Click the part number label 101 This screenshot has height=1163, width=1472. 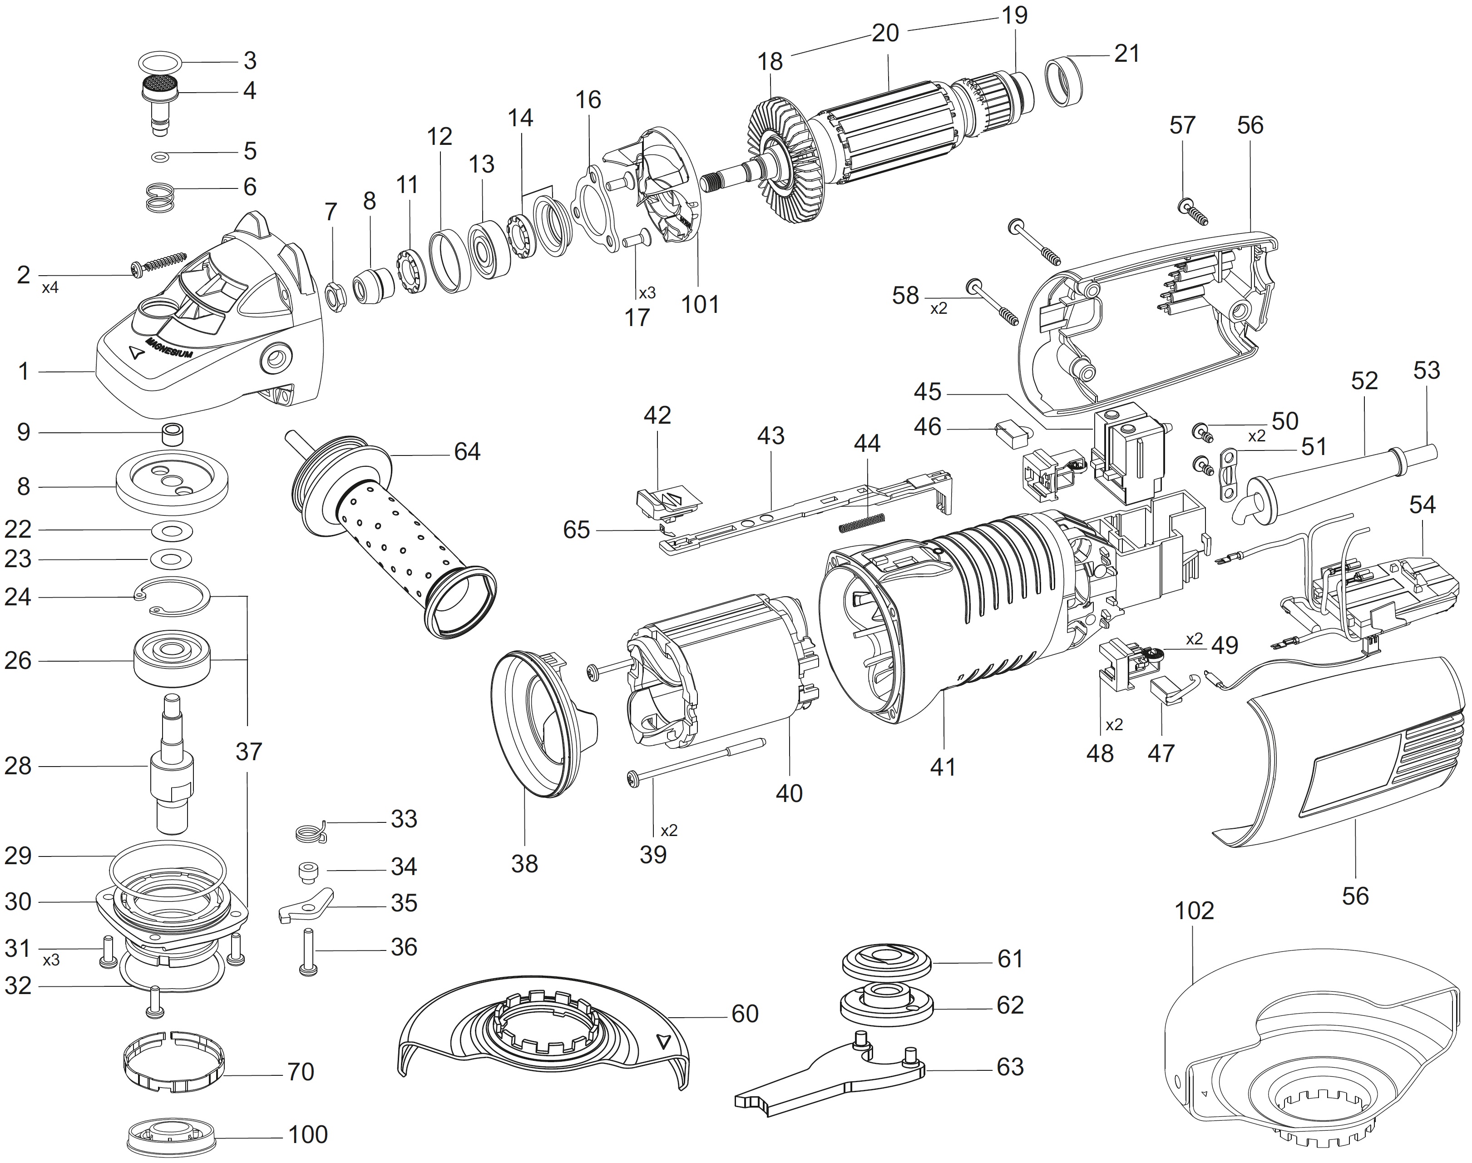700,304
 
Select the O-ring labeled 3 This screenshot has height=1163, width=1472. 161,63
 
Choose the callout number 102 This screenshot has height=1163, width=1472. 1194,911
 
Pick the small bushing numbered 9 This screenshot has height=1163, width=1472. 173,433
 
